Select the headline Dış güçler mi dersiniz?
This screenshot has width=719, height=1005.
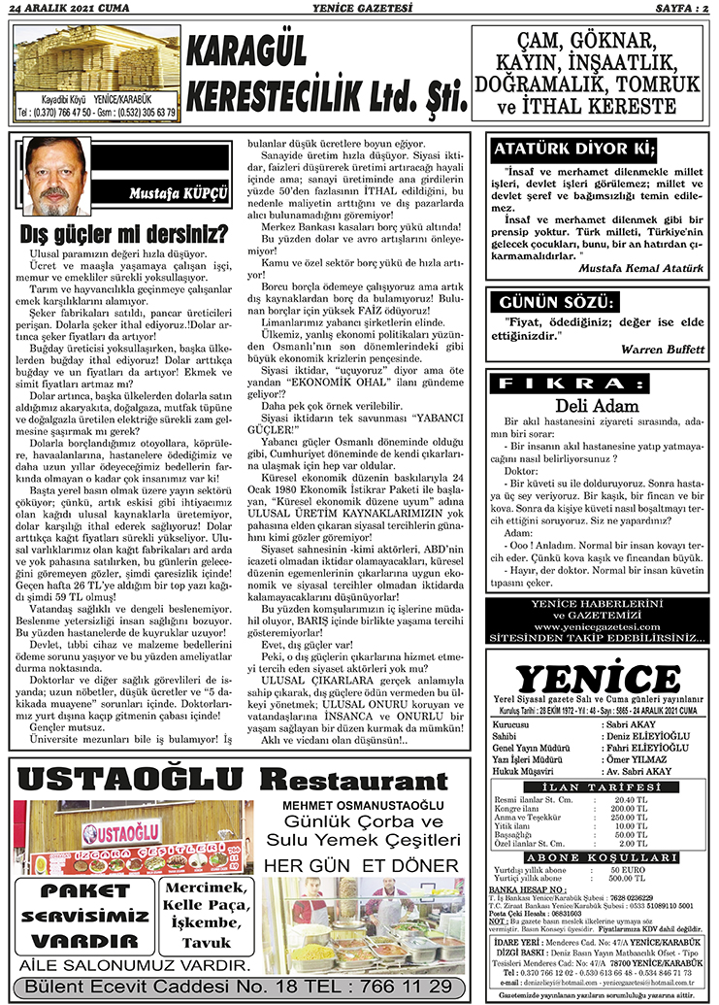point(124,234)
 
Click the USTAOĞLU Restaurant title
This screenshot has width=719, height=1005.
point(219,779)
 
